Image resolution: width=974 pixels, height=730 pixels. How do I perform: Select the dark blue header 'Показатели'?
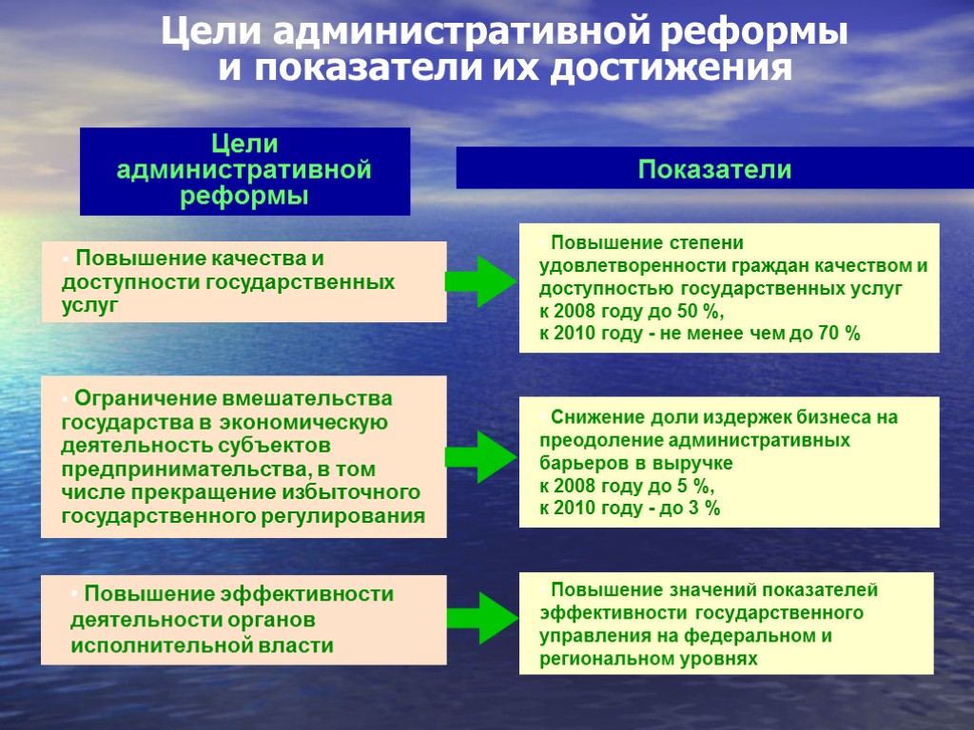(x=714, y=170)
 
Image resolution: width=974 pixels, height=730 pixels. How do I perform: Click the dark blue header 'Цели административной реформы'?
(x=244, y=171)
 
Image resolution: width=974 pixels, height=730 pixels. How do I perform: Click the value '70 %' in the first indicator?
(x=838, y=334)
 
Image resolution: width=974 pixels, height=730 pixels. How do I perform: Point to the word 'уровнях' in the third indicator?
(x=718, y=658)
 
